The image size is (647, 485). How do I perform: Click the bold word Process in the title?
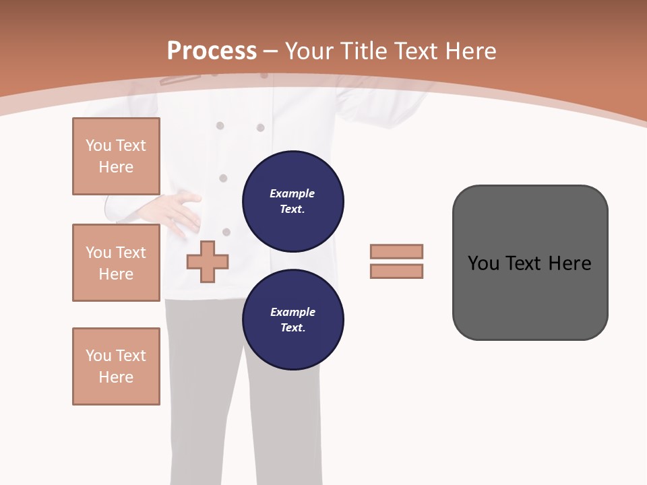pos(212,51)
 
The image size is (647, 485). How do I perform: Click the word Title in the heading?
pos(364,51)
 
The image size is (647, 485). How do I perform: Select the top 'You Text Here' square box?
pos(116,156)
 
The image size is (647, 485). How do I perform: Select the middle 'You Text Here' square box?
pos(116,263)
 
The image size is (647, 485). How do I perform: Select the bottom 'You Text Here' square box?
pos(116,366)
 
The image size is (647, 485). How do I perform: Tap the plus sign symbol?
pos(208,261)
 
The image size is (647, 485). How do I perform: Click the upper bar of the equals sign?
pos(396,251)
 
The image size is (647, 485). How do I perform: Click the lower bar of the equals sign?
pos(396,271)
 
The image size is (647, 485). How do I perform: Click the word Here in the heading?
pos(472,51)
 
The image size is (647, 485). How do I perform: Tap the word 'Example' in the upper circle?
pos(292,193)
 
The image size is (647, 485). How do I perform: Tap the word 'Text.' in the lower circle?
pos(292,327)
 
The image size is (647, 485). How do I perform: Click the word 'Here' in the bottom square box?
pos(116,377)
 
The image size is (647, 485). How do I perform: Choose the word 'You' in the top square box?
pos(98,145)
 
